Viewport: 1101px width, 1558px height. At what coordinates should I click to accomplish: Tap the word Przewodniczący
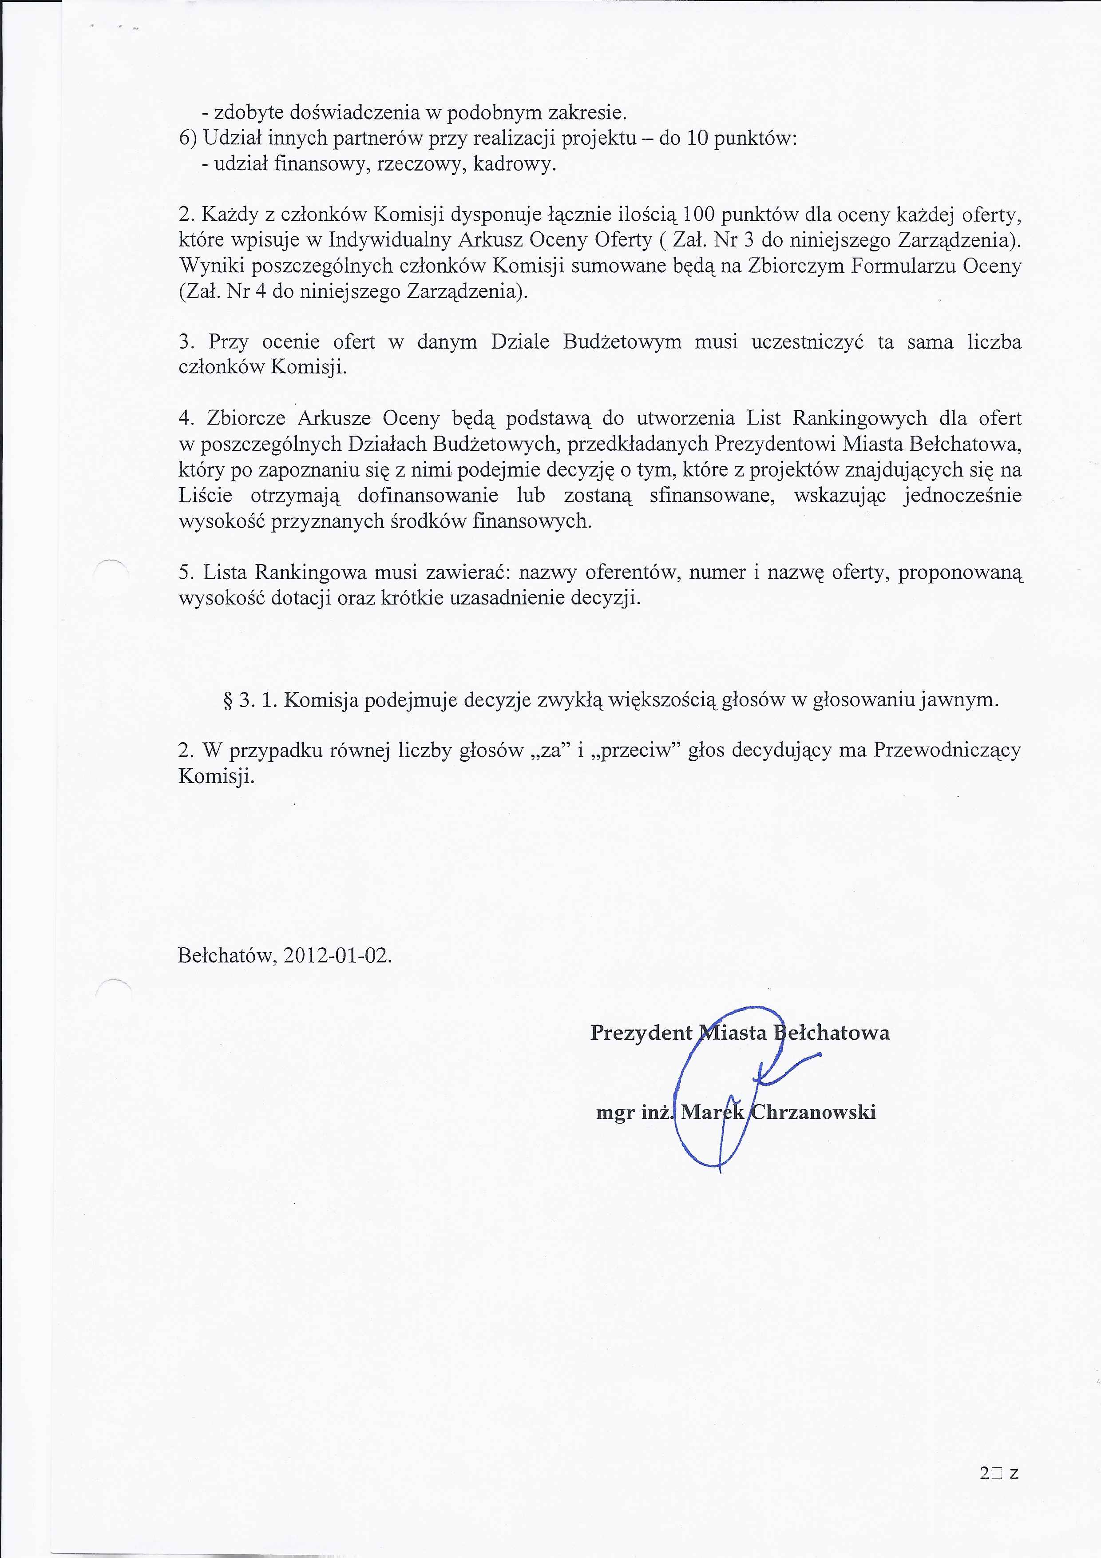947,750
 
